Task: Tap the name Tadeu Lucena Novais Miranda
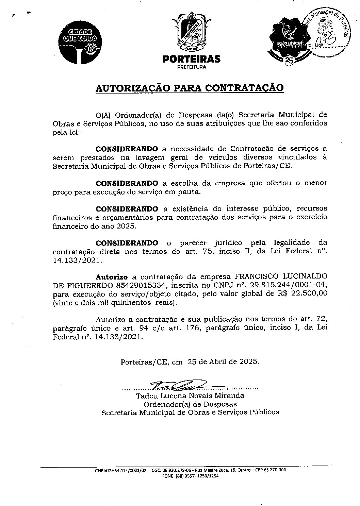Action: [190, 396]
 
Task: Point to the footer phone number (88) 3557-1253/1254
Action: [191, 476]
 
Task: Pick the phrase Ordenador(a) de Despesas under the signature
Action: [190, 404]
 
